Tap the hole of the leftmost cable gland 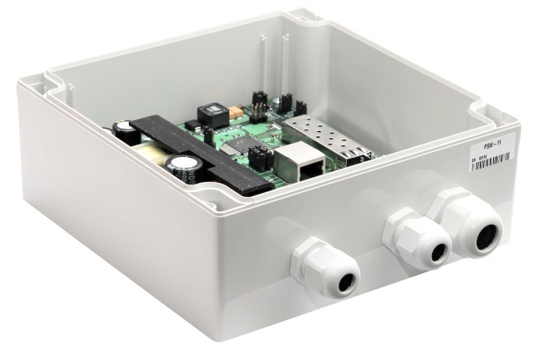[342, 281]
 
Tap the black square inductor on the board [209, 114]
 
